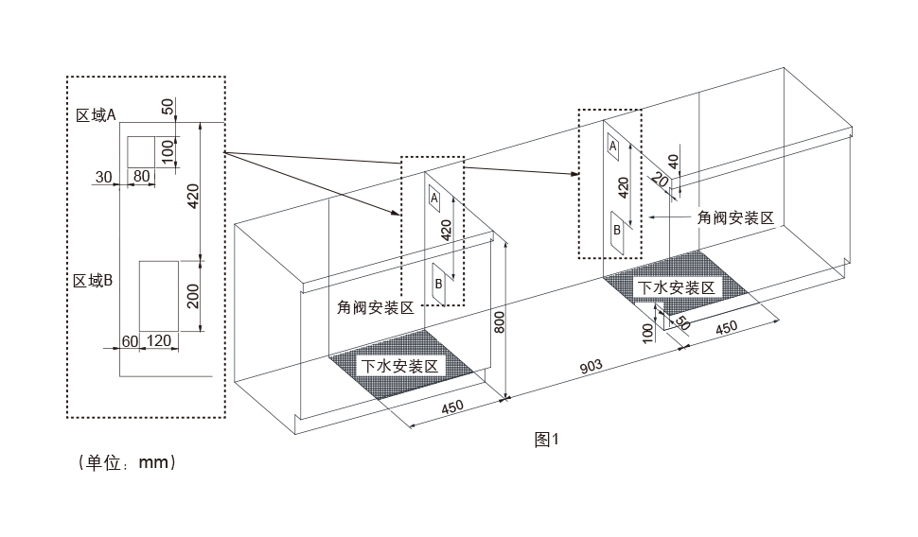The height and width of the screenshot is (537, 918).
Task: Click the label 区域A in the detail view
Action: click(x=96, y=115)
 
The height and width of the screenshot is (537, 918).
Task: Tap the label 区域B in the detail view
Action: click(x=95, y=280)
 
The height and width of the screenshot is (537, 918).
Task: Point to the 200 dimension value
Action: click(x=192, y=296)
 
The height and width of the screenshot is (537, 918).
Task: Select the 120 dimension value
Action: click(x=160, y=340)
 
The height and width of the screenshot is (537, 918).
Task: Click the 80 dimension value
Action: click(x=141, y=176)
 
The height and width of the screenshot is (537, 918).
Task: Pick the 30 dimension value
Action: click(x=104, y=176)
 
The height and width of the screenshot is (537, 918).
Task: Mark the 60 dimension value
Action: click(x=130, y=340)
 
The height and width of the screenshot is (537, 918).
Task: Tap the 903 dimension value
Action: click(x=591, y=367)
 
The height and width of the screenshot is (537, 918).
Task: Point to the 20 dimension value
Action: click(x=659, y=181)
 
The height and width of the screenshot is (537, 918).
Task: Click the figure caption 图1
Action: click(x=548, y=439)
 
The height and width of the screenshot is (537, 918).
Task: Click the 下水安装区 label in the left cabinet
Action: click(x=398, y=365)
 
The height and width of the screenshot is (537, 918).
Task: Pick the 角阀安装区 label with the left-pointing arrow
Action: click(x=735, y=217)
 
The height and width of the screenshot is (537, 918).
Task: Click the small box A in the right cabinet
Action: click(x=613, y=147)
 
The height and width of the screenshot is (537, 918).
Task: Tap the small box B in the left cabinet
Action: click(x=439, y=283)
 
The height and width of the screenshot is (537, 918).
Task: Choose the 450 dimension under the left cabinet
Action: click(x=452, y=408)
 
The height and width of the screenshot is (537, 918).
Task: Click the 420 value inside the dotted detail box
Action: click(x=192, y=197)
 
